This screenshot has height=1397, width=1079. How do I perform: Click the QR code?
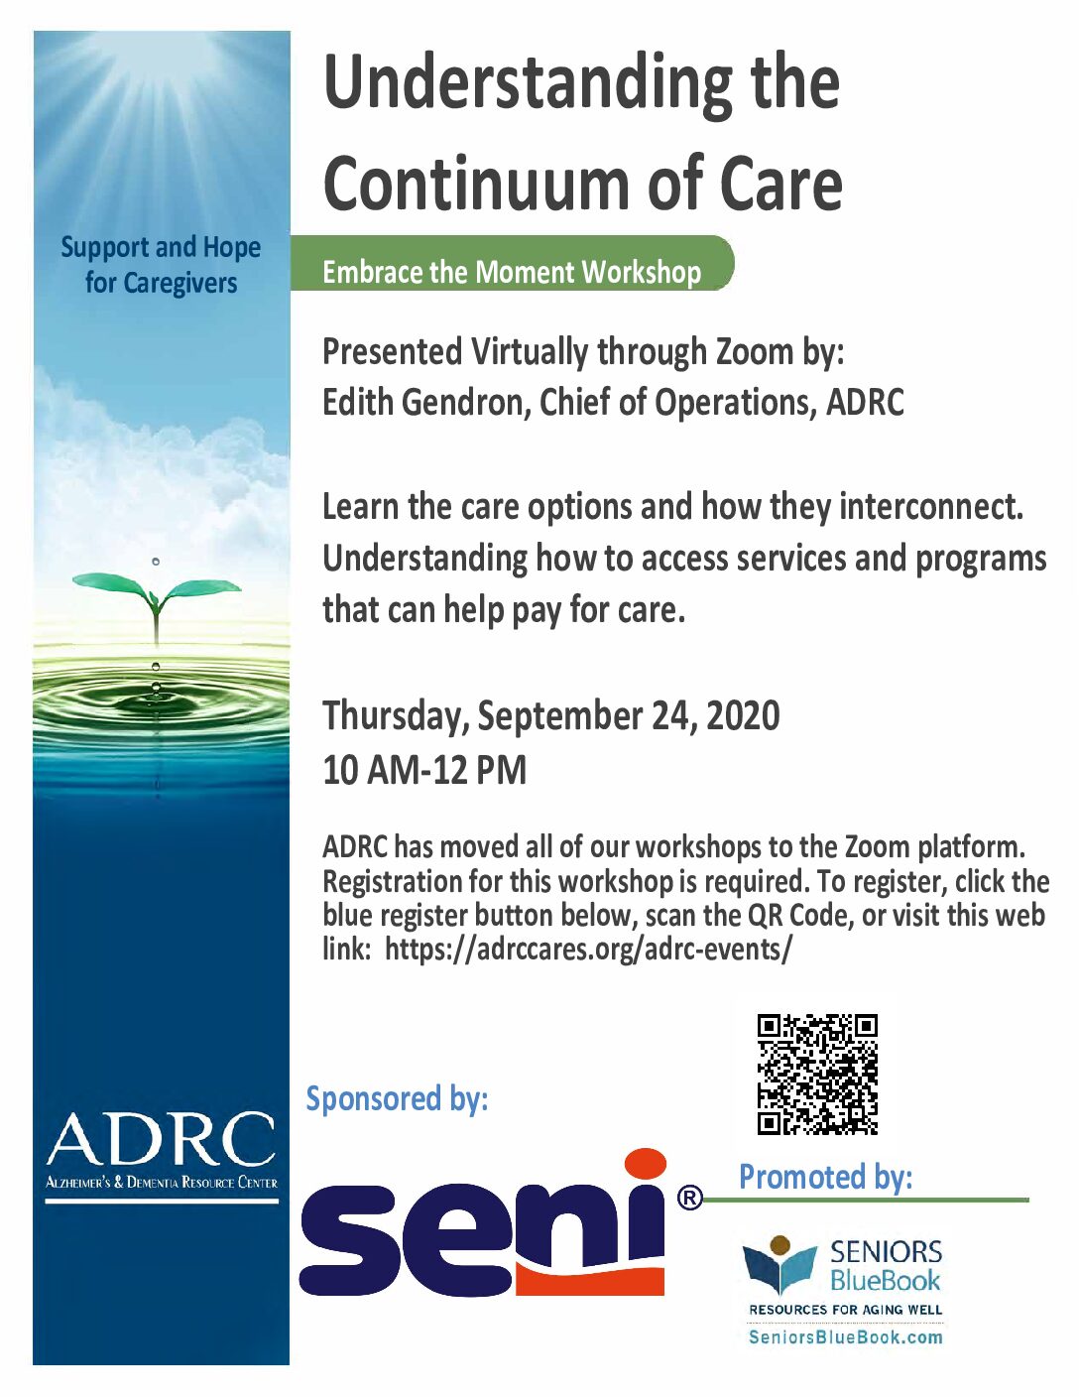[x=817, y=1074]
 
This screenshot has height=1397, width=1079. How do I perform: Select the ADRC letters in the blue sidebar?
[x=161, y=1140]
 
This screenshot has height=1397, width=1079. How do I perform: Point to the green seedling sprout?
[x=156, y=596]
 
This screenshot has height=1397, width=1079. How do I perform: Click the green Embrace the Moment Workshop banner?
[x=512, y=272]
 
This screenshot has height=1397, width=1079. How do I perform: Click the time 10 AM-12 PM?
[x=424, y=770]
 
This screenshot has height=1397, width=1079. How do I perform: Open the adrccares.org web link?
[x=588, y=950]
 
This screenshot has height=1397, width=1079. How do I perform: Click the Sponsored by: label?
[x=397, y=1099]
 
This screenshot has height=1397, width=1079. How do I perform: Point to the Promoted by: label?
[x=825, y=1177]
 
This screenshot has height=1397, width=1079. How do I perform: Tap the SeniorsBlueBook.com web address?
[x=845, y=1337]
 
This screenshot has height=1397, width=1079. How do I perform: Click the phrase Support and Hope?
[x=161, y=247]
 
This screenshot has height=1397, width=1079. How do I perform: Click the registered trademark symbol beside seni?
[x=689, y=1199]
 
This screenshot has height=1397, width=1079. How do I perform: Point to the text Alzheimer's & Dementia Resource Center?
[x=162, y=1183]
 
